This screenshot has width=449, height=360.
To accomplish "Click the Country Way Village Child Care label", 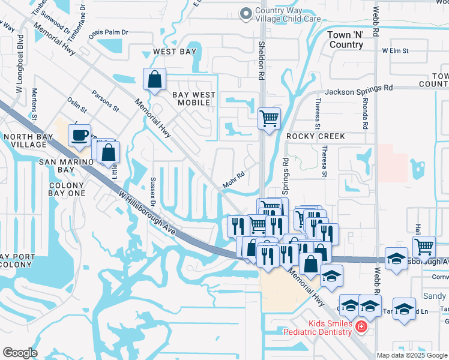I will click(x=287, y=14).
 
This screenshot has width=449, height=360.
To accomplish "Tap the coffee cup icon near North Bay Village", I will click(x=79, y=135).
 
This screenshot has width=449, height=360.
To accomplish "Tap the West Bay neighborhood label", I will click(x=174, y=52).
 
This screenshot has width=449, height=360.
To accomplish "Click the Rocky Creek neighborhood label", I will click(x=316, y=136).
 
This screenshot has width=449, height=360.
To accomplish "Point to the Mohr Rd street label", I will click(x=234, y=180).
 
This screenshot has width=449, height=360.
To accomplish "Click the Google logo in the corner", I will click(x=20, y=353).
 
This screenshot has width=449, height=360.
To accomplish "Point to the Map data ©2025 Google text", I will click(x=412, y=355).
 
